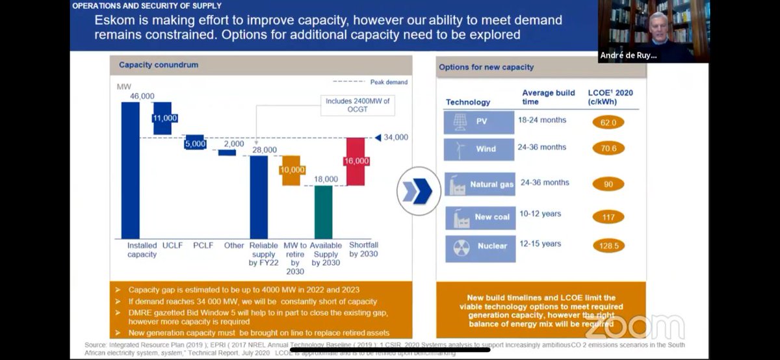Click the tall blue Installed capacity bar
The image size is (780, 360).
(x=130, y=170)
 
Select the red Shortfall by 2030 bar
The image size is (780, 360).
(x=355, y=161)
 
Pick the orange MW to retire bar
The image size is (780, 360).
(x=291, y=170)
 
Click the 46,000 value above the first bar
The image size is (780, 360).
(x=142, y=96)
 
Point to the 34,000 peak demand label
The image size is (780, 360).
(x=395, y=137)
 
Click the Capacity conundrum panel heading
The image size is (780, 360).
(x=159, y=65)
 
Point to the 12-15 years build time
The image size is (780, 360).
(x=539, y=244)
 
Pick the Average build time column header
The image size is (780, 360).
(x=548, y=97)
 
